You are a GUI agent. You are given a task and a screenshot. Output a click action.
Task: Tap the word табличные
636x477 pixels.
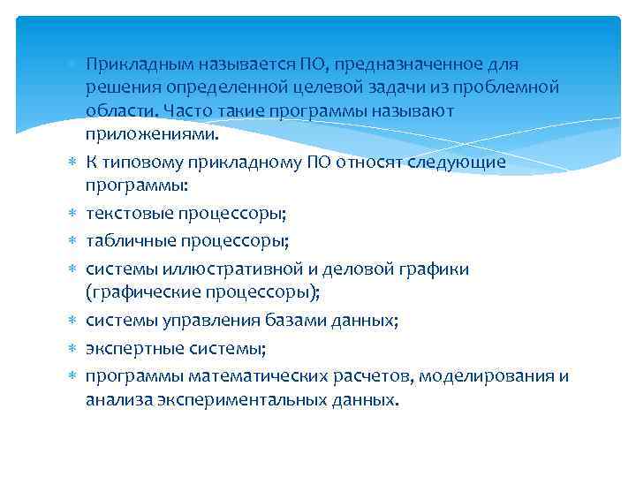pyautogui.click(x=127, y=239)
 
